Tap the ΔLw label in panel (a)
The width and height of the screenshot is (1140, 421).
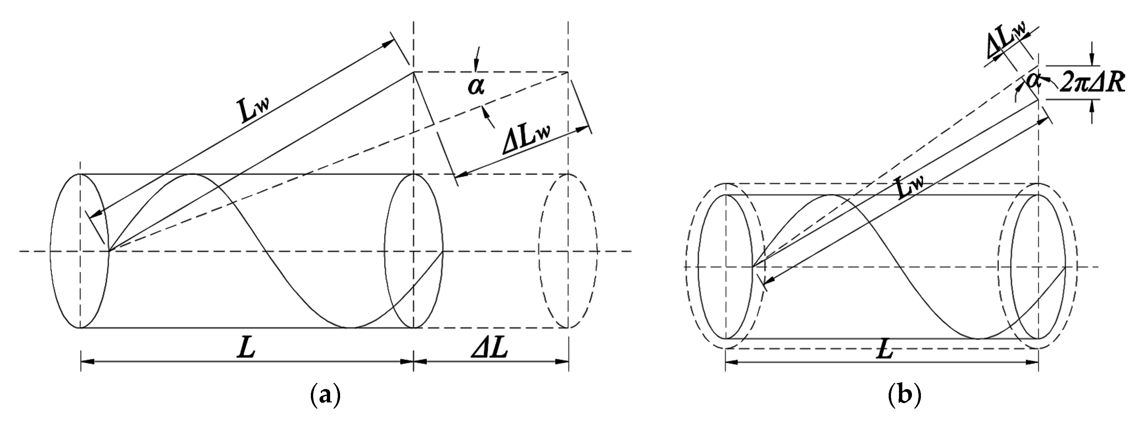coord(529,138)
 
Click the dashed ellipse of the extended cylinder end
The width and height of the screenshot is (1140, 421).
coord(568,251)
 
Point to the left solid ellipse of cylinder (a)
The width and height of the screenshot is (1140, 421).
coord(80,251)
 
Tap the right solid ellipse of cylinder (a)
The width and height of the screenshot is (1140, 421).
coord(413,251)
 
